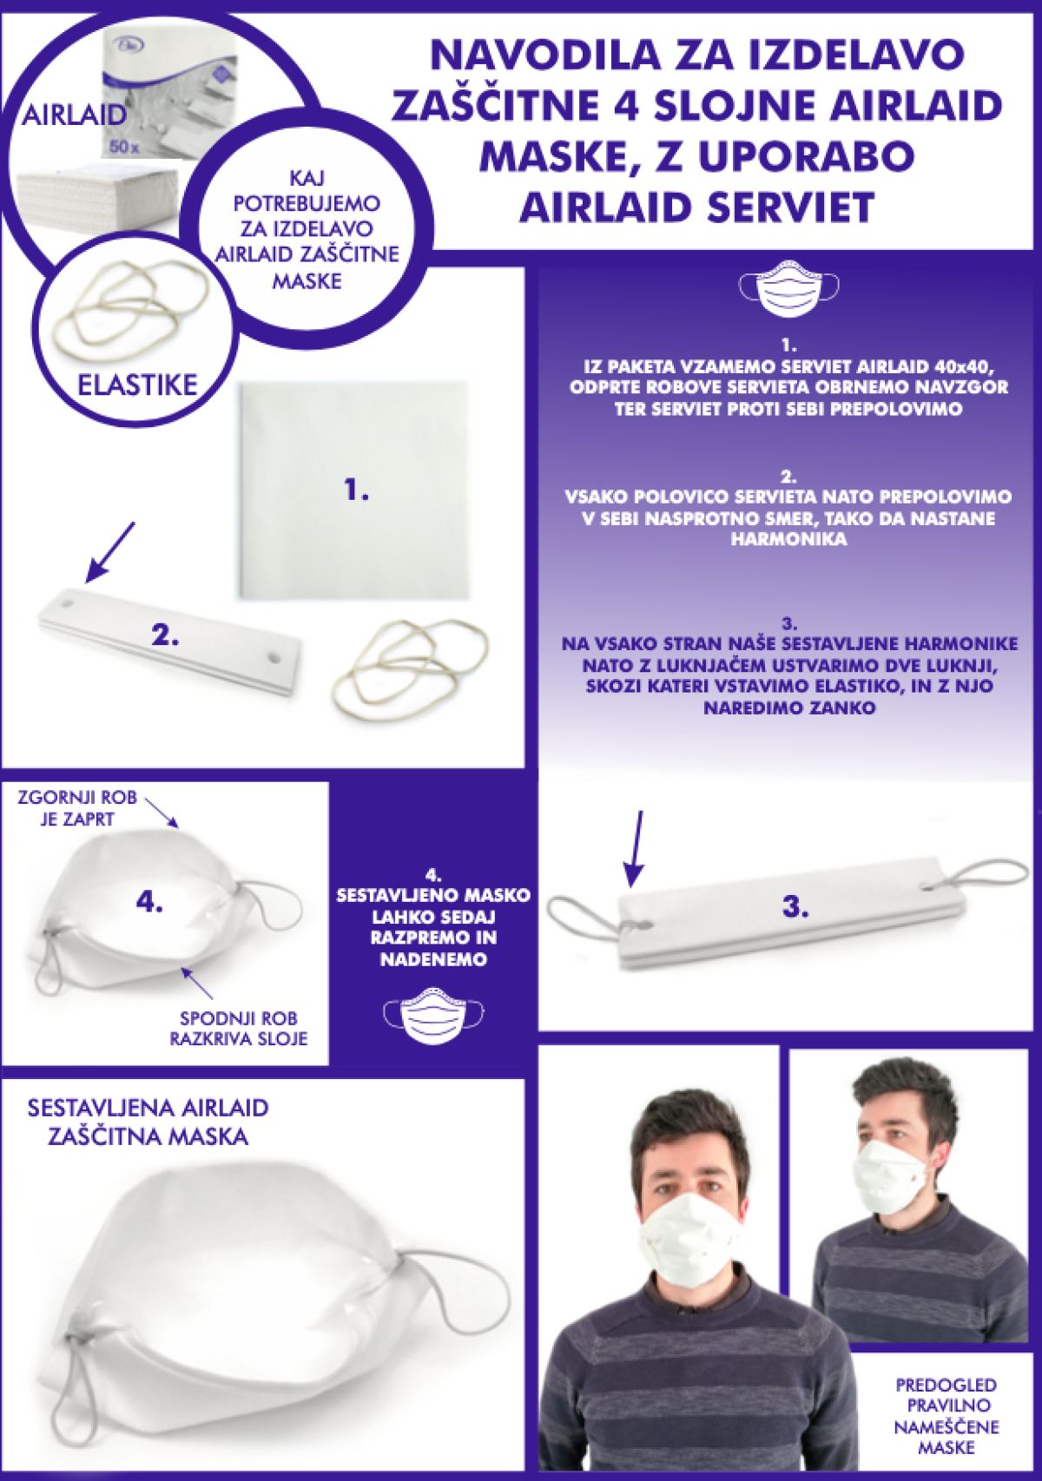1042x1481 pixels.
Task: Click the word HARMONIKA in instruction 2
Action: coord(788,539)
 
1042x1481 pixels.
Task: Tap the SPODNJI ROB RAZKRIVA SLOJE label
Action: coord(239,1028)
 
